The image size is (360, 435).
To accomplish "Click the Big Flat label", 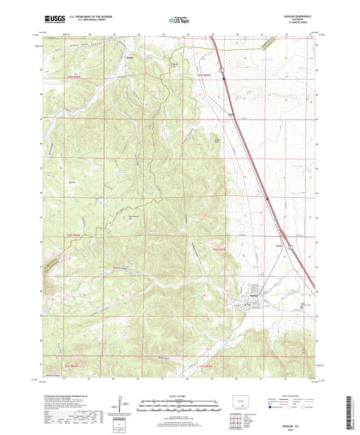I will (x=72, y=182).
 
